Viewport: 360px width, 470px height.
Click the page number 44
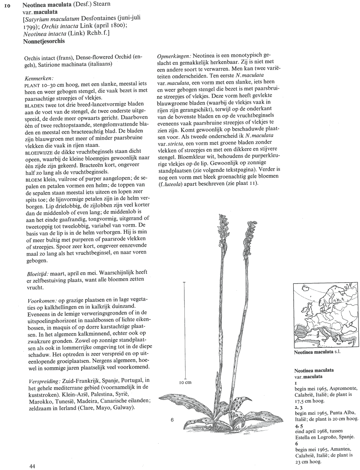tap(34, 466)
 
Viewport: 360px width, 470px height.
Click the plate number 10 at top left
tap(8, 5)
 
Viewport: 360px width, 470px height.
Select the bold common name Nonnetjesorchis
tap(44, 41)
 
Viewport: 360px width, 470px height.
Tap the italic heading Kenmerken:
tap(39, 79)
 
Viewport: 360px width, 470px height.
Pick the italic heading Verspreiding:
tap(44, 380)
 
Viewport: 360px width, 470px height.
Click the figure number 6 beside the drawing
tap(172, 420)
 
